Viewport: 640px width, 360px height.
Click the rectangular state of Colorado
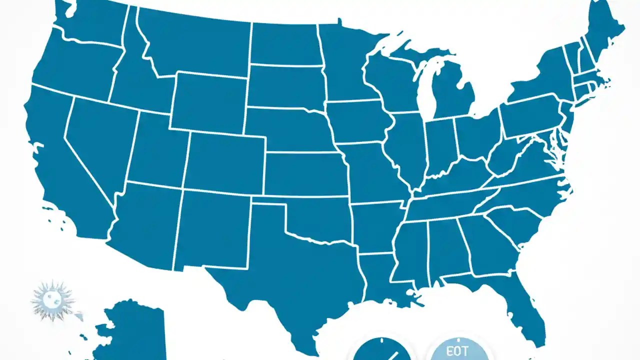point(225,162)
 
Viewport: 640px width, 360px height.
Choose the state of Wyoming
point(207,102)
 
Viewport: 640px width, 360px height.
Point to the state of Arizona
point(145,220)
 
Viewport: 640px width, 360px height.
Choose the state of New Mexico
point(212,227)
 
